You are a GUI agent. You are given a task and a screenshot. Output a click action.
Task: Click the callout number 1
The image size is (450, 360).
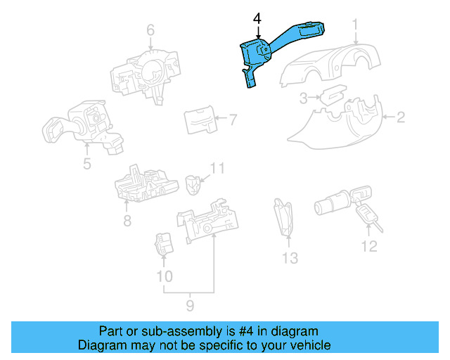[356, 27]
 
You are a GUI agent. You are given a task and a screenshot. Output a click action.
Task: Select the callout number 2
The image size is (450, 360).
[400, 117]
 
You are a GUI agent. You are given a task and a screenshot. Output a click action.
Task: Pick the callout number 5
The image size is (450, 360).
[86, 165]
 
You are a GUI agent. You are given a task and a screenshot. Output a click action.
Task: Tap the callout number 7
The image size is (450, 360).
[127, 221]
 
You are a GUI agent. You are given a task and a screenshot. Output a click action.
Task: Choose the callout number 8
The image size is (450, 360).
[188, 304]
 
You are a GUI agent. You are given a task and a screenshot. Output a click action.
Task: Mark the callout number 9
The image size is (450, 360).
[164, 276]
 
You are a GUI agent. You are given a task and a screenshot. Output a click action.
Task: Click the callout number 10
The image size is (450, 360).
[218, 168]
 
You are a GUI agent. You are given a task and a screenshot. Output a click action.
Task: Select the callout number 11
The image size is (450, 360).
[369, 245]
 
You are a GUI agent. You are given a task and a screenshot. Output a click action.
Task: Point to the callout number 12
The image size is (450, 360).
[290, 258]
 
